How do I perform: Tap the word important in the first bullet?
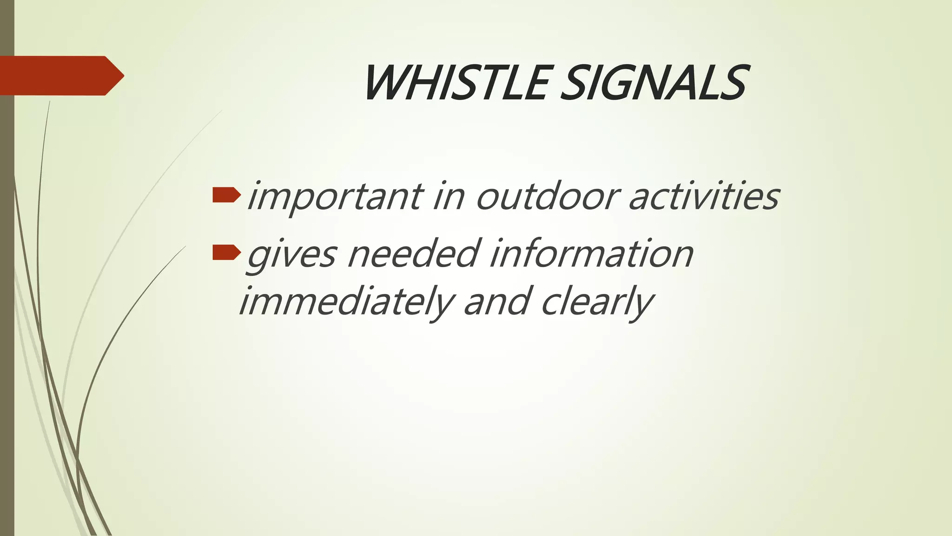pos(335,196)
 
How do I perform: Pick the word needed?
pos(413,253)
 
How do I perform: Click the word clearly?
pos(597,301)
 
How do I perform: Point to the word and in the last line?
pos(497,301)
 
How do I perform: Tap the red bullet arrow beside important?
pos(226,195)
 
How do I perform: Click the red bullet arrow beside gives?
pos(226,253)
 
